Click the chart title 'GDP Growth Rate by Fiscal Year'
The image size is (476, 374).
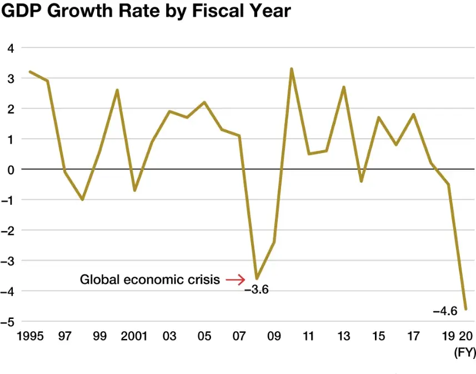tap(146, 12)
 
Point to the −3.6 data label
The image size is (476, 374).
tap(257, 290)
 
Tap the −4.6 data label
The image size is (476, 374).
tap(445, 311)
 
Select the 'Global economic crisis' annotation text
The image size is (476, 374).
tap(150, 279)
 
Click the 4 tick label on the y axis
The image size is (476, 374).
tap(11, 48)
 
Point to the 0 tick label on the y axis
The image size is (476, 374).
tap(11, 169)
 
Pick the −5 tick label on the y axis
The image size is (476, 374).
tap(8, 321)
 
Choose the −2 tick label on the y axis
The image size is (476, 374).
tap(8, 230)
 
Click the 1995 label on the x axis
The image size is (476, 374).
tap(29, 336)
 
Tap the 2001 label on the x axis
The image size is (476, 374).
tap(134, 336)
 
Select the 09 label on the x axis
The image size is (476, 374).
tap(274, 336)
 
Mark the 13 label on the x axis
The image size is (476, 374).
tap(344, 336)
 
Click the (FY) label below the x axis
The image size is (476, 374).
tap(465, 352)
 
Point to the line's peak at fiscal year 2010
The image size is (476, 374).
tap(292, 69)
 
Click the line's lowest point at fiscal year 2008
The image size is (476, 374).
tap(256, 278)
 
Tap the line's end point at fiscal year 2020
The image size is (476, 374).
tap(466, 309)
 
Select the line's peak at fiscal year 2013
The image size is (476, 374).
tap(344, 87)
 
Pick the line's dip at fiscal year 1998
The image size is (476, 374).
tap(82, 199)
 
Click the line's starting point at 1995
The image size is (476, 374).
tap(29, 72)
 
